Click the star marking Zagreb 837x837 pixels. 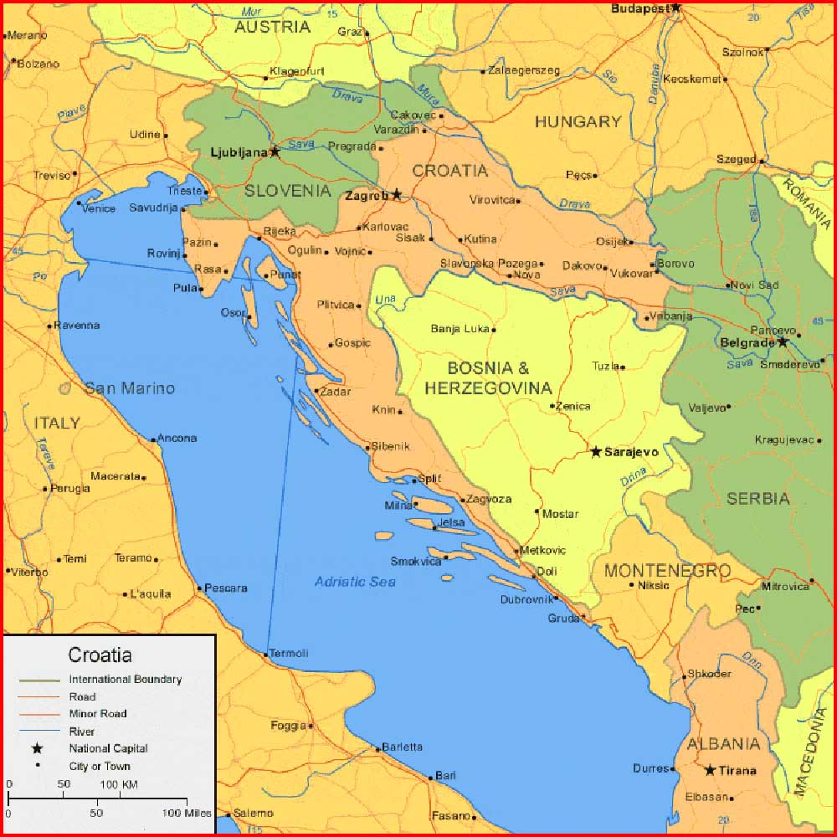pos(397,194)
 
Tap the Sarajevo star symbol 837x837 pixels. pos(596,452)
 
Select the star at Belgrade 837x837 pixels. pos(783,341)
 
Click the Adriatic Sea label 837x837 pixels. pos(355,582)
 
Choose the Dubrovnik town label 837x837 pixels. pos(525,599)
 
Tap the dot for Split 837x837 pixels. pos(414,480)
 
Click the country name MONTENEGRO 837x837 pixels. pos(667,571)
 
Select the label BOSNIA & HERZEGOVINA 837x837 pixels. pos(488,377)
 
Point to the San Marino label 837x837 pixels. pos(130,388)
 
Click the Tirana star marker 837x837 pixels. pos(710,770)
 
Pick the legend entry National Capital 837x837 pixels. pos(108,748)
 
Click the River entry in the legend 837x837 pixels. pos(82,732)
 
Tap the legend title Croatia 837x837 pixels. pos(100,655)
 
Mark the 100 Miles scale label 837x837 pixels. pos(187,813)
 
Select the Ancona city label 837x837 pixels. pos(177,438)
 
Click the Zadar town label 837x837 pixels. pos(336,391)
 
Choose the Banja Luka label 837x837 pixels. pos(460,329)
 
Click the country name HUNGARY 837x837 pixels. pos(578,122)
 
